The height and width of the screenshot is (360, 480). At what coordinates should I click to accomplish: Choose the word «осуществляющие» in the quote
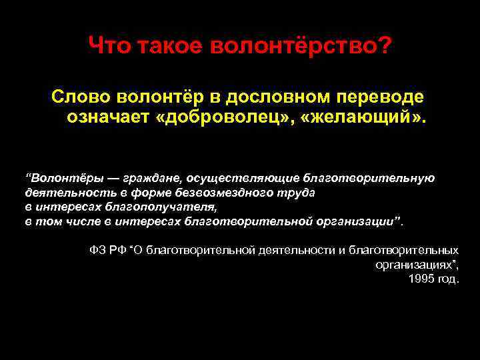243,178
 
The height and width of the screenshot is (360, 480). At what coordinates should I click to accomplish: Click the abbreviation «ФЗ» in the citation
97,250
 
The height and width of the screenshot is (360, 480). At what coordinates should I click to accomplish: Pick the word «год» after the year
447,278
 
